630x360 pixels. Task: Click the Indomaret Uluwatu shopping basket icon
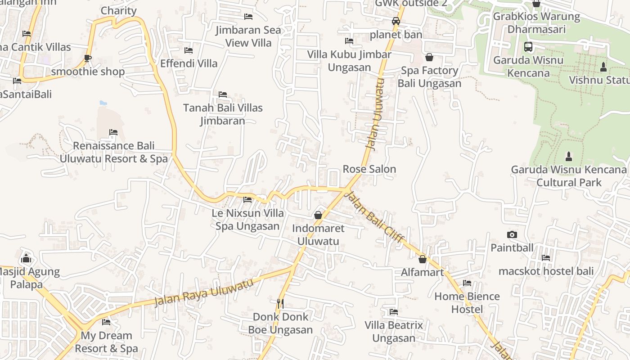pos(318,215)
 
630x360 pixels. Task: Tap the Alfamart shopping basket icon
pos(423,259)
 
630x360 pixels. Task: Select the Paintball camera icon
pos(512,235)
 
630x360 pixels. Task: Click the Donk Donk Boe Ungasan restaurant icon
pos(280,304)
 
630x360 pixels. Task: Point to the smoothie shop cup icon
pos(88,58)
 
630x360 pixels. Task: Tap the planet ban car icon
pos(396,21)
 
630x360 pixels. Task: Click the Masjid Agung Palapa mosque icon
pos(26,258)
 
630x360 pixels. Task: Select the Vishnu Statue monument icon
pos(603,67)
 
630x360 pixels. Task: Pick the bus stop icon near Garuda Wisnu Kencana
pos(528,47)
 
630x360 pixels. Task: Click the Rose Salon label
pos(369,169)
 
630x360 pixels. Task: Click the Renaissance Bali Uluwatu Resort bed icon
pos(113,132)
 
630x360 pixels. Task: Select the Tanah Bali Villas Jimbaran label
pos(223,114)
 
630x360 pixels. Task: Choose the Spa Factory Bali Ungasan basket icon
pos(429,57)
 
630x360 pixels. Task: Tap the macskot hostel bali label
pos(546,271)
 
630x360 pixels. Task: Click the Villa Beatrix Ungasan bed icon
pos(394,312)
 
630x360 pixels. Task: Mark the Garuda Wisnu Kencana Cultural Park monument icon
pos(569,157)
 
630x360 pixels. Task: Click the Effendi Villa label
pos(189,63)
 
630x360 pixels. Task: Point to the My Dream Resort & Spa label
pos(106,342)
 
